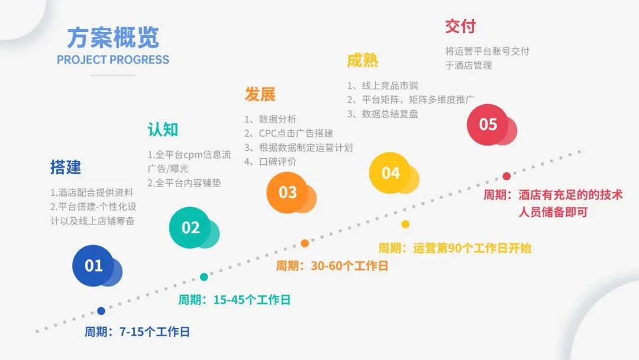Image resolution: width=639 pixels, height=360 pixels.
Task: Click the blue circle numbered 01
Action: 93,266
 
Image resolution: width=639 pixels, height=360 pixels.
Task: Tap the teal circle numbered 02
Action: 191,228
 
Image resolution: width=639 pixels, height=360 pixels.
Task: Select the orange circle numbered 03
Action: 288,192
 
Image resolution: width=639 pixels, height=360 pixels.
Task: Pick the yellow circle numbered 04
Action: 390,173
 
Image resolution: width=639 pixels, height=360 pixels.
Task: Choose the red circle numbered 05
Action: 488,124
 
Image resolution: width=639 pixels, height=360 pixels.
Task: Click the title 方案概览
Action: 112,37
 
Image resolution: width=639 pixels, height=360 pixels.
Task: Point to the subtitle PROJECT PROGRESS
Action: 112,60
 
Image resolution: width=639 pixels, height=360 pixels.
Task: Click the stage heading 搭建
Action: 66,168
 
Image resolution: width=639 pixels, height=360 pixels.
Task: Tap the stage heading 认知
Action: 163,130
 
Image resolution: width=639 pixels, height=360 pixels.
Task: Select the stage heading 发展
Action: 260,94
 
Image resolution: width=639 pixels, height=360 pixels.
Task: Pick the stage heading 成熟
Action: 362,60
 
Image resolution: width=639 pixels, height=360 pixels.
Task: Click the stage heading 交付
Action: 460,27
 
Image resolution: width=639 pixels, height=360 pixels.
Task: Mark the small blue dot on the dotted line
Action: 101,311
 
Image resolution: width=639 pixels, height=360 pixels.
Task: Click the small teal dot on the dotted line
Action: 204,277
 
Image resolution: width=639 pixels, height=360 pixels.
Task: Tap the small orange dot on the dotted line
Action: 305,243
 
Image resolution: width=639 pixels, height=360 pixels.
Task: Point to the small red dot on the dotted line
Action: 506,176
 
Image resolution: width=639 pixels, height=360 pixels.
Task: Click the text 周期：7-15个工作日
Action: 137,332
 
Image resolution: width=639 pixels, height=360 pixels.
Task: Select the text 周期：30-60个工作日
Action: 332,266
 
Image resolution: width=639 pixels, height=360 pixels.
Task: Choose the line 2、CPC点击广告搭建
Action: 289,133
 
